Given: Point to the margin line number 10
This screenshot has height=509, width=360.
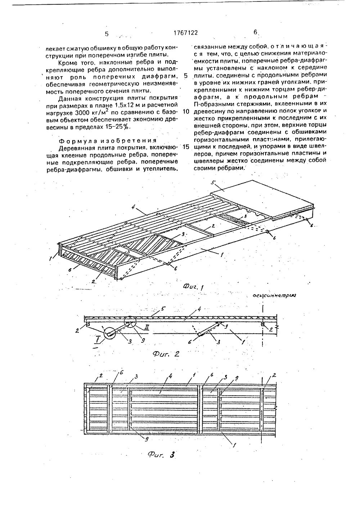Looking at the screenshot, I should (186, 112).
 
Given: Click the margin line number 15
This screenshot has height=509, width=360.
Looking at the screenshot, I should (186, 147).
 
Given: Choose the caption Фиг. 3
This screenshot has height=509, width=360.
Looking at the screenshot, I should (161, 455).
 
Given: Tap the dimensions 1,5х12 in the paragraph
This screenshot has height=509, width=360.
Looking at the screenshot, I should (110, 105).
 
